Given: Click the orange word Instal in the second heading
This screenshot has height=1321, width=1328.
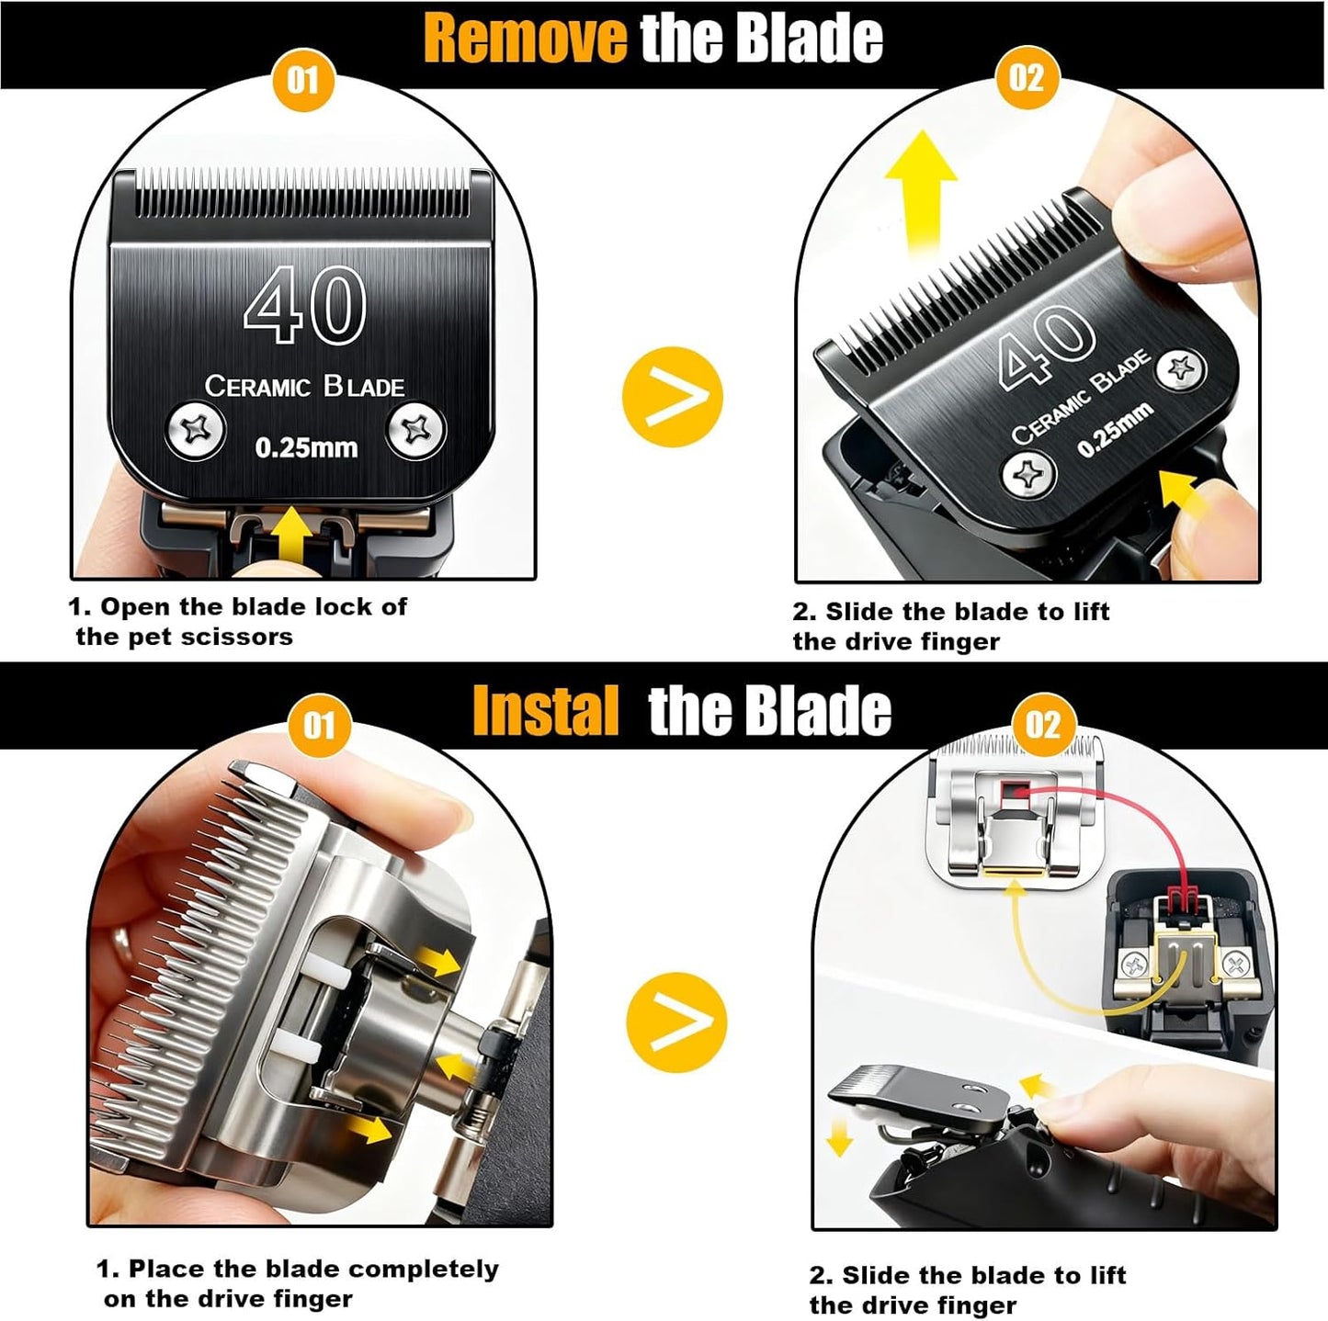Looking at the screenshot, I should point(545,712).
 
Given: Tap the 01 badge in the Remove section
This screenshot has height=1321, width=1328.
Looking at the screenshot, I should point(303,80).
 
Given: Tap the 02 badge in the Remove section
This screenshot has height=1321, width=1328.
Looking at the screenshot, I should point(1027,77).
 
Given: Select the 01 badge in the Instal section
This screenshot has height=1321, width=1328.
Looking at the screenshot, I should point(318,726).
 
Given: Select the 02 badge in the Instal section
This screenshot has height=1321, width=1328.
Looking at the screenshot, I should point(1042,726).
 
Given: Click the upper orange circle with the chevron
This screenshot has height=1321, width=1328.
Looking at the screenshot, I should point(672,397).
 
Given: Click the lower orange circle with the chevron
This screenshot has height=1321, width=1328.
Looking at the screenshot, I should point(675,1022).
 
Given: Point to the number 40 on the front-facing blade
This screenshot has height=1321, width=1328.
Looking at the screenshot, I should point(305,304).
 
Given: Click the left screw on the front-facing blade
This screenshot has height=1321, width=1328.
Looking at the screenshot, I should point(196,430).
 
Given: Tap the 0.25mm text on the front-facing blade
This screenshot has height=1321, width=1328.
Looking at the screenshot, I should point(306,448).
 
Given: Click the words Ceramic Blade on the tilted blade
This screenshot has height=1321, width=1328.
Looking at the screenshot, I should point(1081,396).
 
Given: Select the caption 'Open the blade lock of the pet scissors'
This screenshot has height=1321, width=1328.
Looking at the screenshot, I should point(239,622).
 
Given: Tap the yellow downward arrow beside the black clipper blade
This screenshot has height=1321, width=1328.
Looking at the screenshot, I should point(839,1139).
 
